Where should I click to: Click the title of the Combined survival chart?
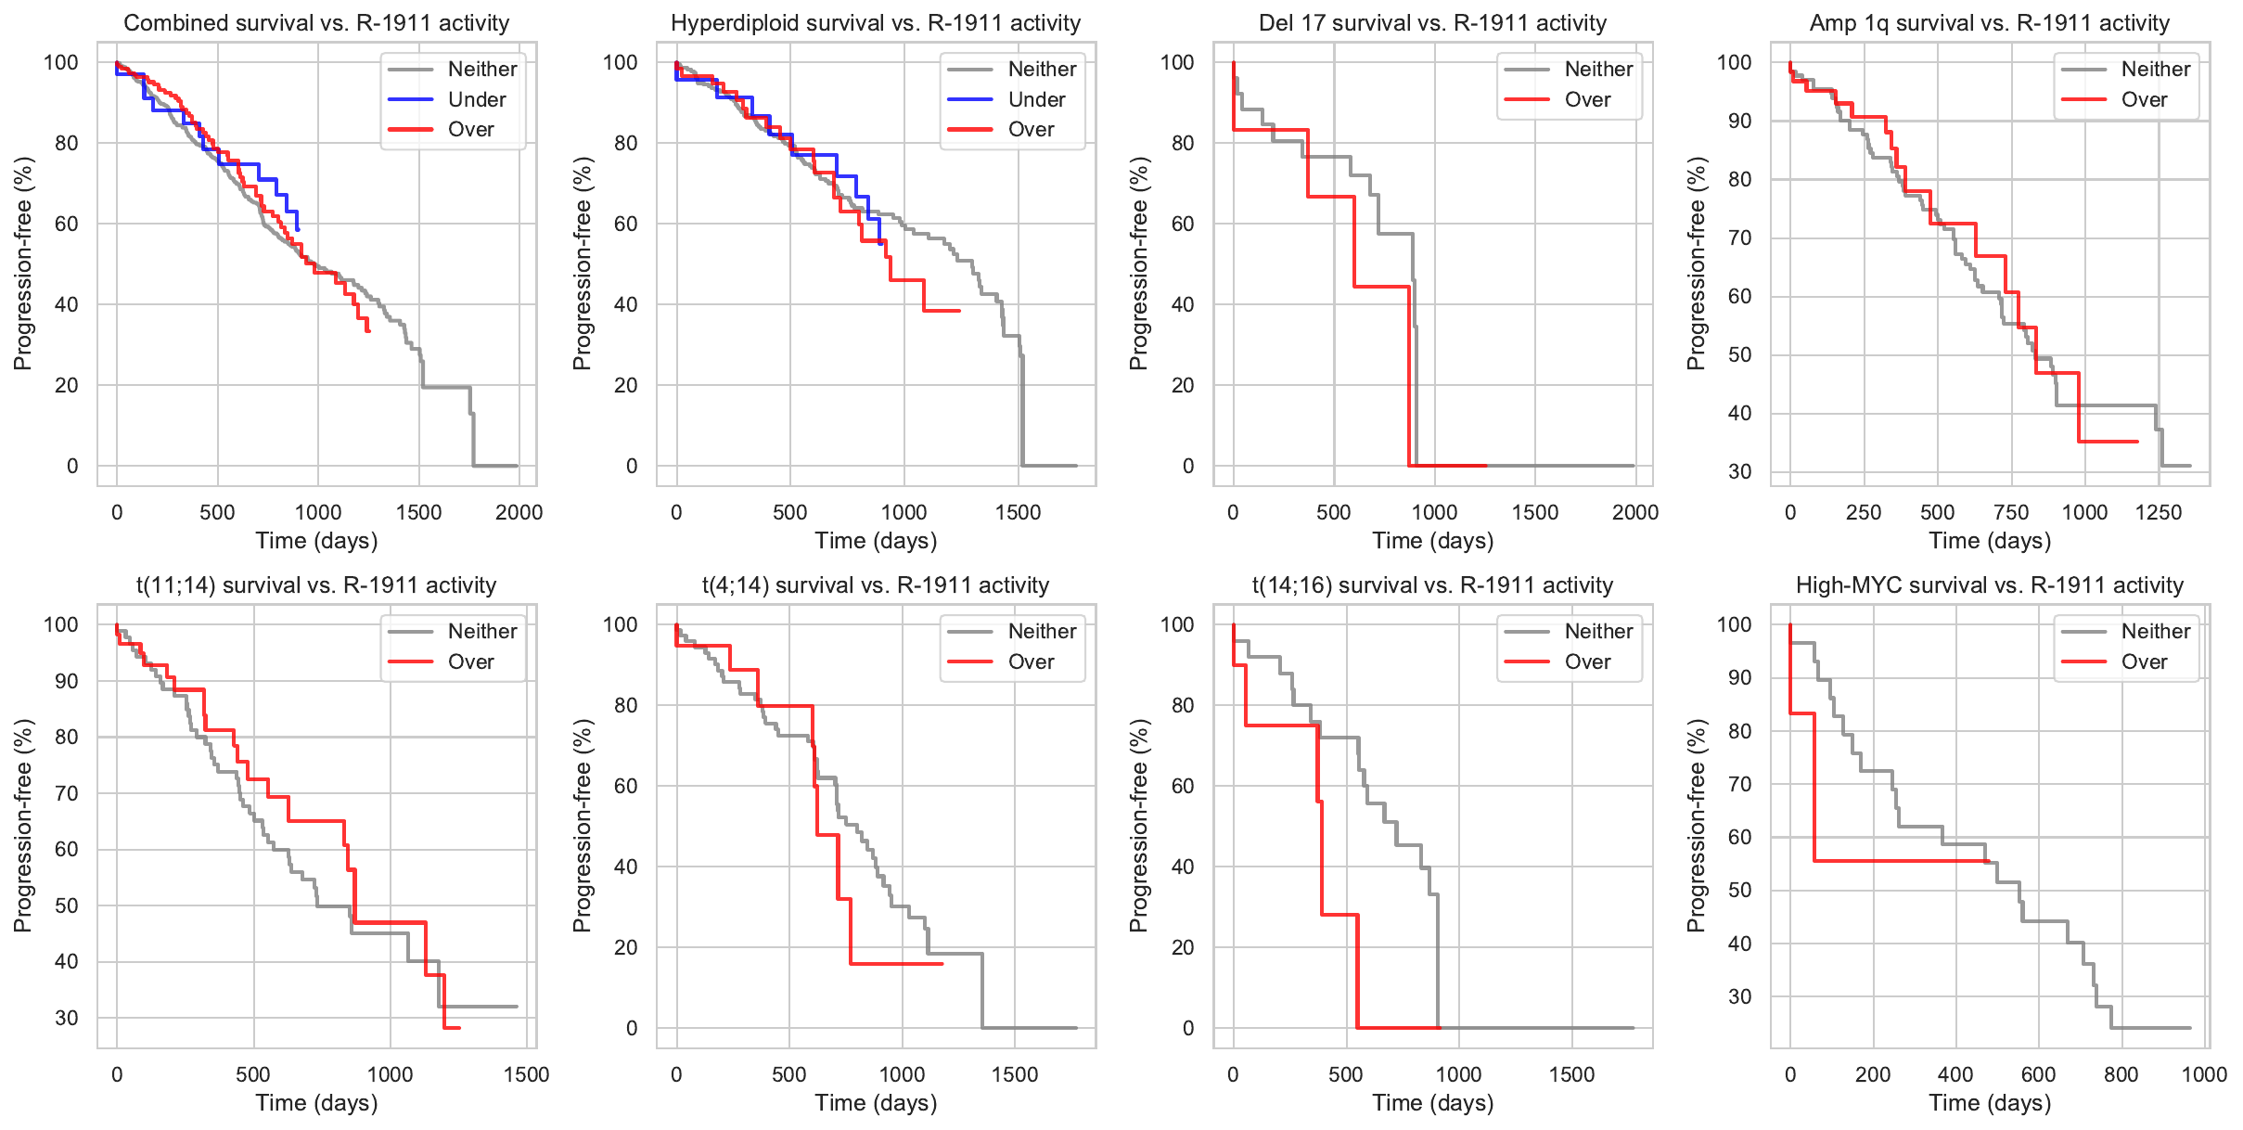click(316, 23)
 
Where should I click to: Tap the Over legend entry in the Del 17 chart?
click(1587, 99)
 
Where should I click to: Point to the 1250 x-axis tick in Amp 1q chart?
click(2159, 512)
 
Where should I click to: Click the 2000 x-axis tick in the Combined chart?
click(519, 512)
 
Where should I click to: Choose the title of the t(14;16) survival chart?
click(1432, 585)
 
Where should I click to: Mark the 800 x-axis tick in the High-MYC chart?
click(2121, 1074)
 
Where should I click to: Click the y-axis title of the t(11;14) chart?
click(22, 826)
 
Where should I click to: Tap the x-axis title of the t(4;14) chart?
click(876, 1103)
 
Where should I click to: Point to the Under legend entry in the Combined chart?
click(477, 99)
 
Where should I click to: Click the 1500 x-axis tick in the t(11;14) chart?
click(526, 1074)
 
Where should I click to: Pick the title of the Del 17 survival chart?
click(1432, 23)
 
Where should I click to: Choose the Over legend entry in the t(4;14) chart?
click(1031, 662)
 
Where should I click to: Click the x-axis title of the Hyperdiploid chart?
click(876, 541)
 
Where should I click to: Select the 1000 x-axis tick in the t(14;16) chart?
click(1458, 1074)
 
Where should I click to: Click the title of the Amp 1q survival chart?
click(1989, 23)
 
